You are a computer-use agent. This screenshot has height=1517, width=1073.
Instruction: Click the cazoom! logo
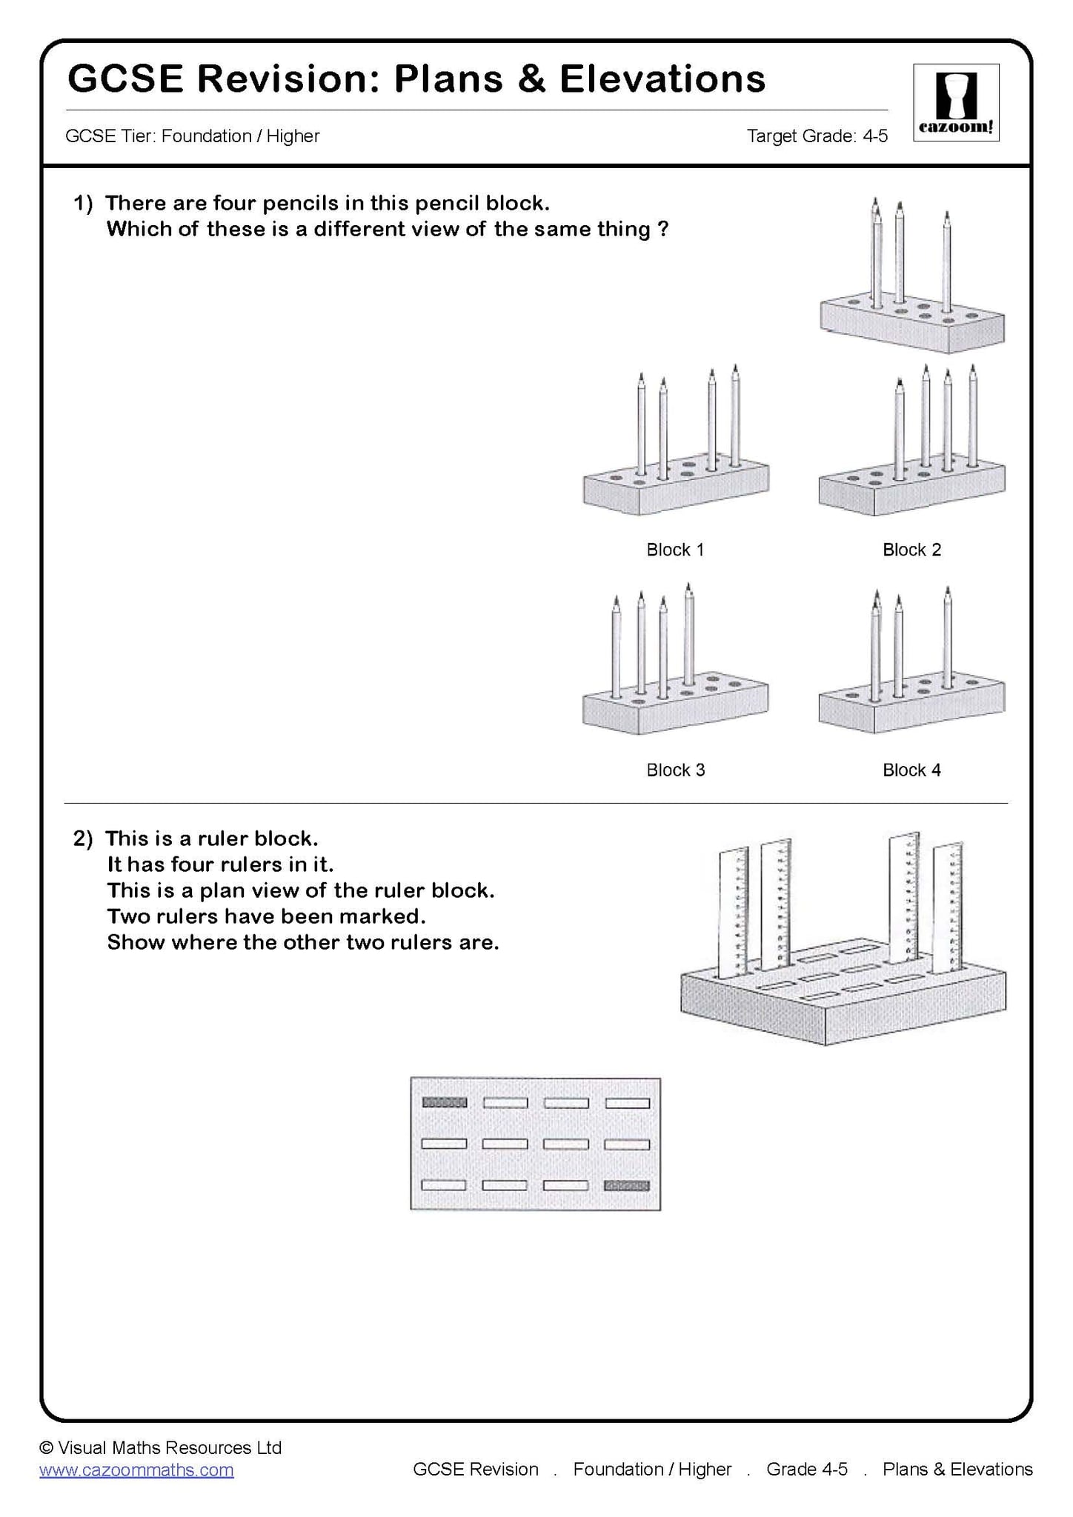(x=956, y=103)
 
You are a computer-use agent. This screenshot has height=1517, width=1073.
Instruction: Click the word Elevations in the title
(x=662, y=79)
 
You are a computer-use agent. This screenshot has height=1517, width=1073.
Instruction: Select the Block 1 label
(x=675, y=550)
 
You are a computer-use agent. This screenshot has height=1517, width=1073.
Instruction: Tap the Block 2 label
(x=911, y=550)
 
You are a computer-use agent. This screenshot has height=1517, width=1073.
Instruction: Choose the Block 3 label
(x=675, y=770)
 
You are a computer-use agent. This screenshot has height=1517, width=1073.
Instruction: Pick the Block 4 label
(x=911, y=770)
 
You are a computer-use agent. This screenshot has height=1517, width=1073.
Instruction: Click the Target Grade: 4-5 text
(x=817, y=136)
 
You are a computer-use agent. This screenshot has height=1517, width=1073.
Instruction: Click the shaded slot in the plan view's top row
(x=445, y=1102)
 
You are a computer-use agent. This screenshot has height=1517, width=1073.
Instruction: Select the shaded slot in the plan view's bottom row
(x=627, y=1185)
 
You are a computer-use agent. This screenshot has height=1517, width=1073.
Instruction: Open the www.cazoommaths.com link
(x=136, y=1470)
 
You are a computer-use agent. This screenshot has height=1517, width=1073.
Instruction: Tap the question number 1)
(x=82, y=203)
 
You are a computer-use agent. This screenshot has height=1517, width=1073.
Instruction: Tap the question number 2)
(x=82, y=838)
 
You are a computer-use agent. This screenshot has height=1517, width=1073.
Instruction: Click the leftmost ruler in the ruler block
(x=732, y=911)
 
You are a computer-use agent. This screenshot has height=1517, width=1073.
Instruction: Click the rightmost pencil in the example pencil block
(x=947, y=267)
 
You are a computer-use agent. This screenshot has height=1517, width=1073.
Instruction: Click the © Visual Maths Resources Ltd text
(x=161, y=1447)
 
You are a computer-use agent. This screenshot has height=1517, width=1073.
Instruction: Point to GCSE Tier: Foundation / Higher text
(x=193, y=136)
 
